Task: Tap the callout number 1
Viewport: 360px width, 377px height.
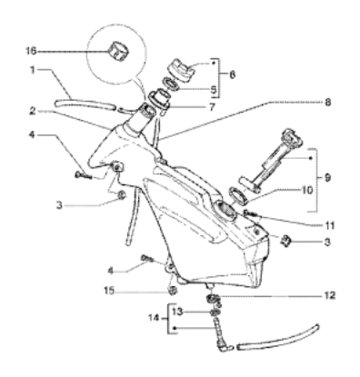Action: point(32,69)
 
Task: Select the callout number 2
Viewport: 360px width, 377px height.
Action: point(31,112)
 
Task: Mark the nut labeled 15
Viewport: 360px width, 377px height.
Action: point(169,291)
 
